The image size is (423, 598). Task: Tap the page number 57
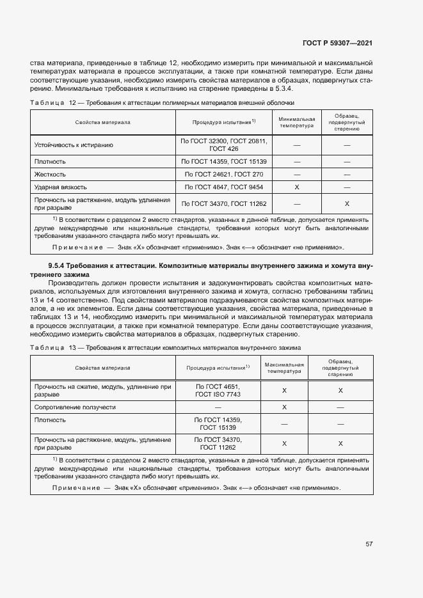(369, 544)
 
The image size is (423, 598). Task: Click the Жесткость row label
(50, 174)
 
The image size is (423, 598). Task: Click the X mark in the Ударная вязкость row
(297, 187)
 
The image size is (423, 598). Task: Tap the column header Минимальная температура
(297, 122)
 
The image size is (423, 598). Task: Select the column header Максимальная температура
(284, 368)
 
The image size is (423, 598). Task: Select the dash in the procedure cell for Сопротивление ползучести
(218, 407)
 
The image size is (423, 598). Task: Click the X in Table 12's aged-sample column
(347, 203)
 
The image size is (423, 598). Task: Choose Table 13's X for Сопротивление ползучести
(284, 407)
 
